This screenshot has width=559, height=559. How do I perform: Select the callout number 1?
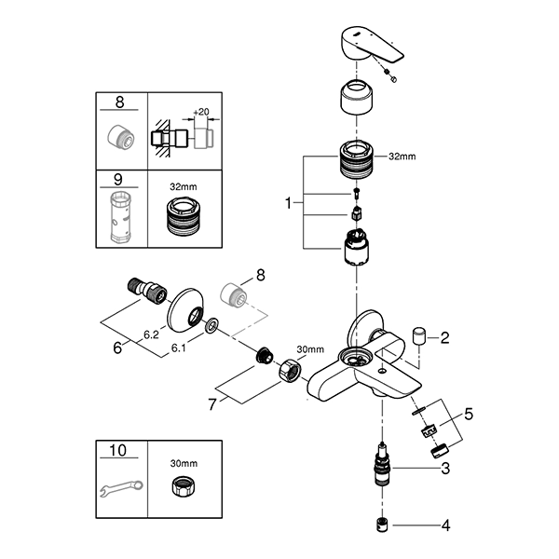[x=290, y=200]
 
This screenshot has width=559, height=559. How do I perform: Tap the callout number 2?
[x=444, y=337]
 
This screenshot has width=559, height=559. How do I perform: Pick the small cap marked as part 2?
[x=418, y=334]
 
